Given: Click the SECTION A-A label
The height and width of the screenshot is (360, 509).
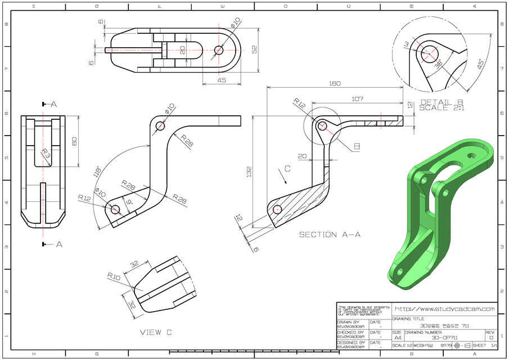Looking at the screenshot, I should [330, 235].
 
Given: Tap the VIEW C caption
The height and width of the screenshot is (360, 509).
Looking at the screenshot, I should [155, 332].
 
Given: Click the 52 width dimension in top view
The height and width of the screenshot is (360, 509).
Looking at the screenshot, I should [255, 49].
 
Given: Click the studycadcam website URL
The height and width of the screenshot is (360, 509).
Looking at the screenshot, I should [444, 309].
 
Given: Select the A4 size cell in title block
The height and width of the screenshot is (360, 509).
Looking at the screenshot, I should [398, 338].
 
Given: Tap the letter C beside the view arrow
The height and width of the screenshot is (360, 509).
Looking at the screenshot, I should [287, 168].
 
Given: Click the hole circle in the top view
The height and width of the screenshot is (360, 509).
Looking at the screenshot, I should [219, 49].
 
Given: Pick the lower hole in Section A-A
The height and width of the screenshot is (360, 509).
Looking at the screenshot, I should [277, 210].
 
